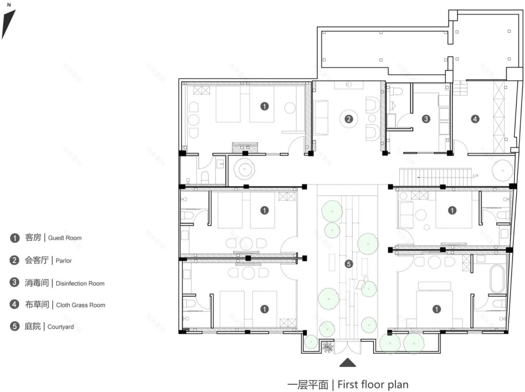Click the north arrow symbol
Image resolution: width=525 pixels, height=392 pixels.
(8, 22)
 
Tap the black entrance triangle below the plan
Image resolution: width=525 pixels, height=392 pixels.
(348, 362)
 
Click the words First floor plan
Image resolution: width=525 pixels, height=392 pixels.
(373, 384)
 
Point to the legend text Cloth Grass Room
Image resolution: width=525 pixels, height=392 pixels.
(81, 305)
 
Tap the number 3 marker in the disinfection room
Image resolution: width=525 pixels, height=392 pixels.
(426, 119)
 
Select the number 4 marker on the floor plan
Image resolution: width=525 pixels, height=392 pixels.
(475, 119)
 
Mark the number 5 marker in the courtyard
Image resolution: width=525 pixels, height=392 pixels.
(349, 264)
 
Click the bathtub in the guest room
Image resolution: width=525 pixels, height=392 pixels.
(497, 279)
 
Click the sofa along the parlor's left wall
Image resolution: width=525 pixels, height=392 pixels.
(321, 117)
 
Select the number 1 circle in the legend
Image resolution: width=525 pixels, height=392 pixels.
(14, 238)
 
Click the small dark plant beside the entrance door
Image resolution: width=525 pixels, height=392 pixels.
(328, 347)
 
